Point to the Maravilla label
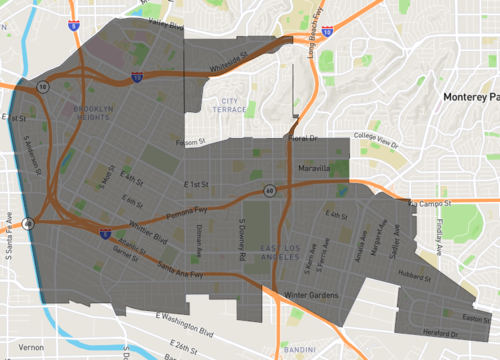coord(314,168)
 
